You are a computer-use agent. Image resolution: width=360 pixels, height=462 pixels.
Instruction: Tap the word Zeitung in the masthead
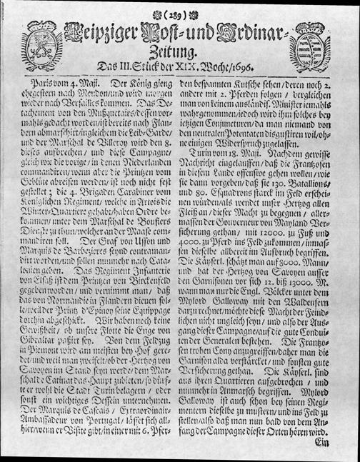(x=178, y=51)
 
